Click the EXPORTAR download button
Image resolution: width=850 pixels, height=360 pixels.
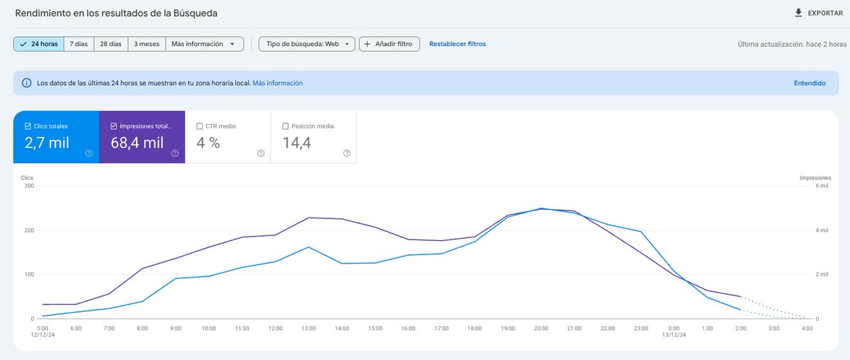[818, 13]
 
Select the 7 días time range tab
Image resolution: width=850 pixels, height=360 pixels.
[79, 44]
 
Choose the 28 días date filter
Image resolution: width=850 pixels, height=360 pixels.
[111, 44]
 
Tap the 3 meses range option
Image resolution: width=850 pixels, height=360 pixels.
[146, 44]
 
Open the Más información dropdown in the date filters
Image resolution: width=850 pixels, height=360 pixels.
[204, 44]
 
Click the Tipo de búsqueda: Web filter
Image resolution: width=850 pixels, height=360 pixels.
[307, 44]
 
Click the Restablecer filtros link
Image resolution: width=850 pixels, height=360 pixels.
[457, 44]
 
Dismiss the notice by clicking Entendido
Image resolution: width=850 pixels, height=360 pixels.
[809, 83]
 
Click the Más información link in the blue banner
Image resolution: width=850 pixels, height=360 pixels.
[277, 83]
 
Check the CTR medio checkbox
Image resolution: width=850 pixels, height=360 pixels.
[200, 126]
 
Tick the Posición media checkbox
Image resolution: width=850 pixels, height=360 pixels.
[285, 126]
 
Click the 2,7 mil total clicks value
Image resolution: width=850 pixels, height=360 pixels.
[47, 143]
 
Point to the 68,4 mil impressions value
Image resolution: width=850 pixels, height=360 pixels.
[137, 143]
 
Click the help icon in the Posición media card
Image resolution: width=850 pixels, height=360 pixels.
[346, 153]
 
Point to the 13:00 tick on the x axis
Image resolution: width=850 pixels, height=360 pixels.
[308, 328]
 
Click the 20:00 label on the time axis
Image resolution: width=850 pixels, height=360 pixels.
[541, 328]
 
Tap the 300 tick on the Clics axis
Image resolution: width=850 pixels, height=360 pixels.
[29, 186]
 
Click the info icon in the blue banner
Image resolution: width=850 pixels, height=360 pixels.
[27, 83]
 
